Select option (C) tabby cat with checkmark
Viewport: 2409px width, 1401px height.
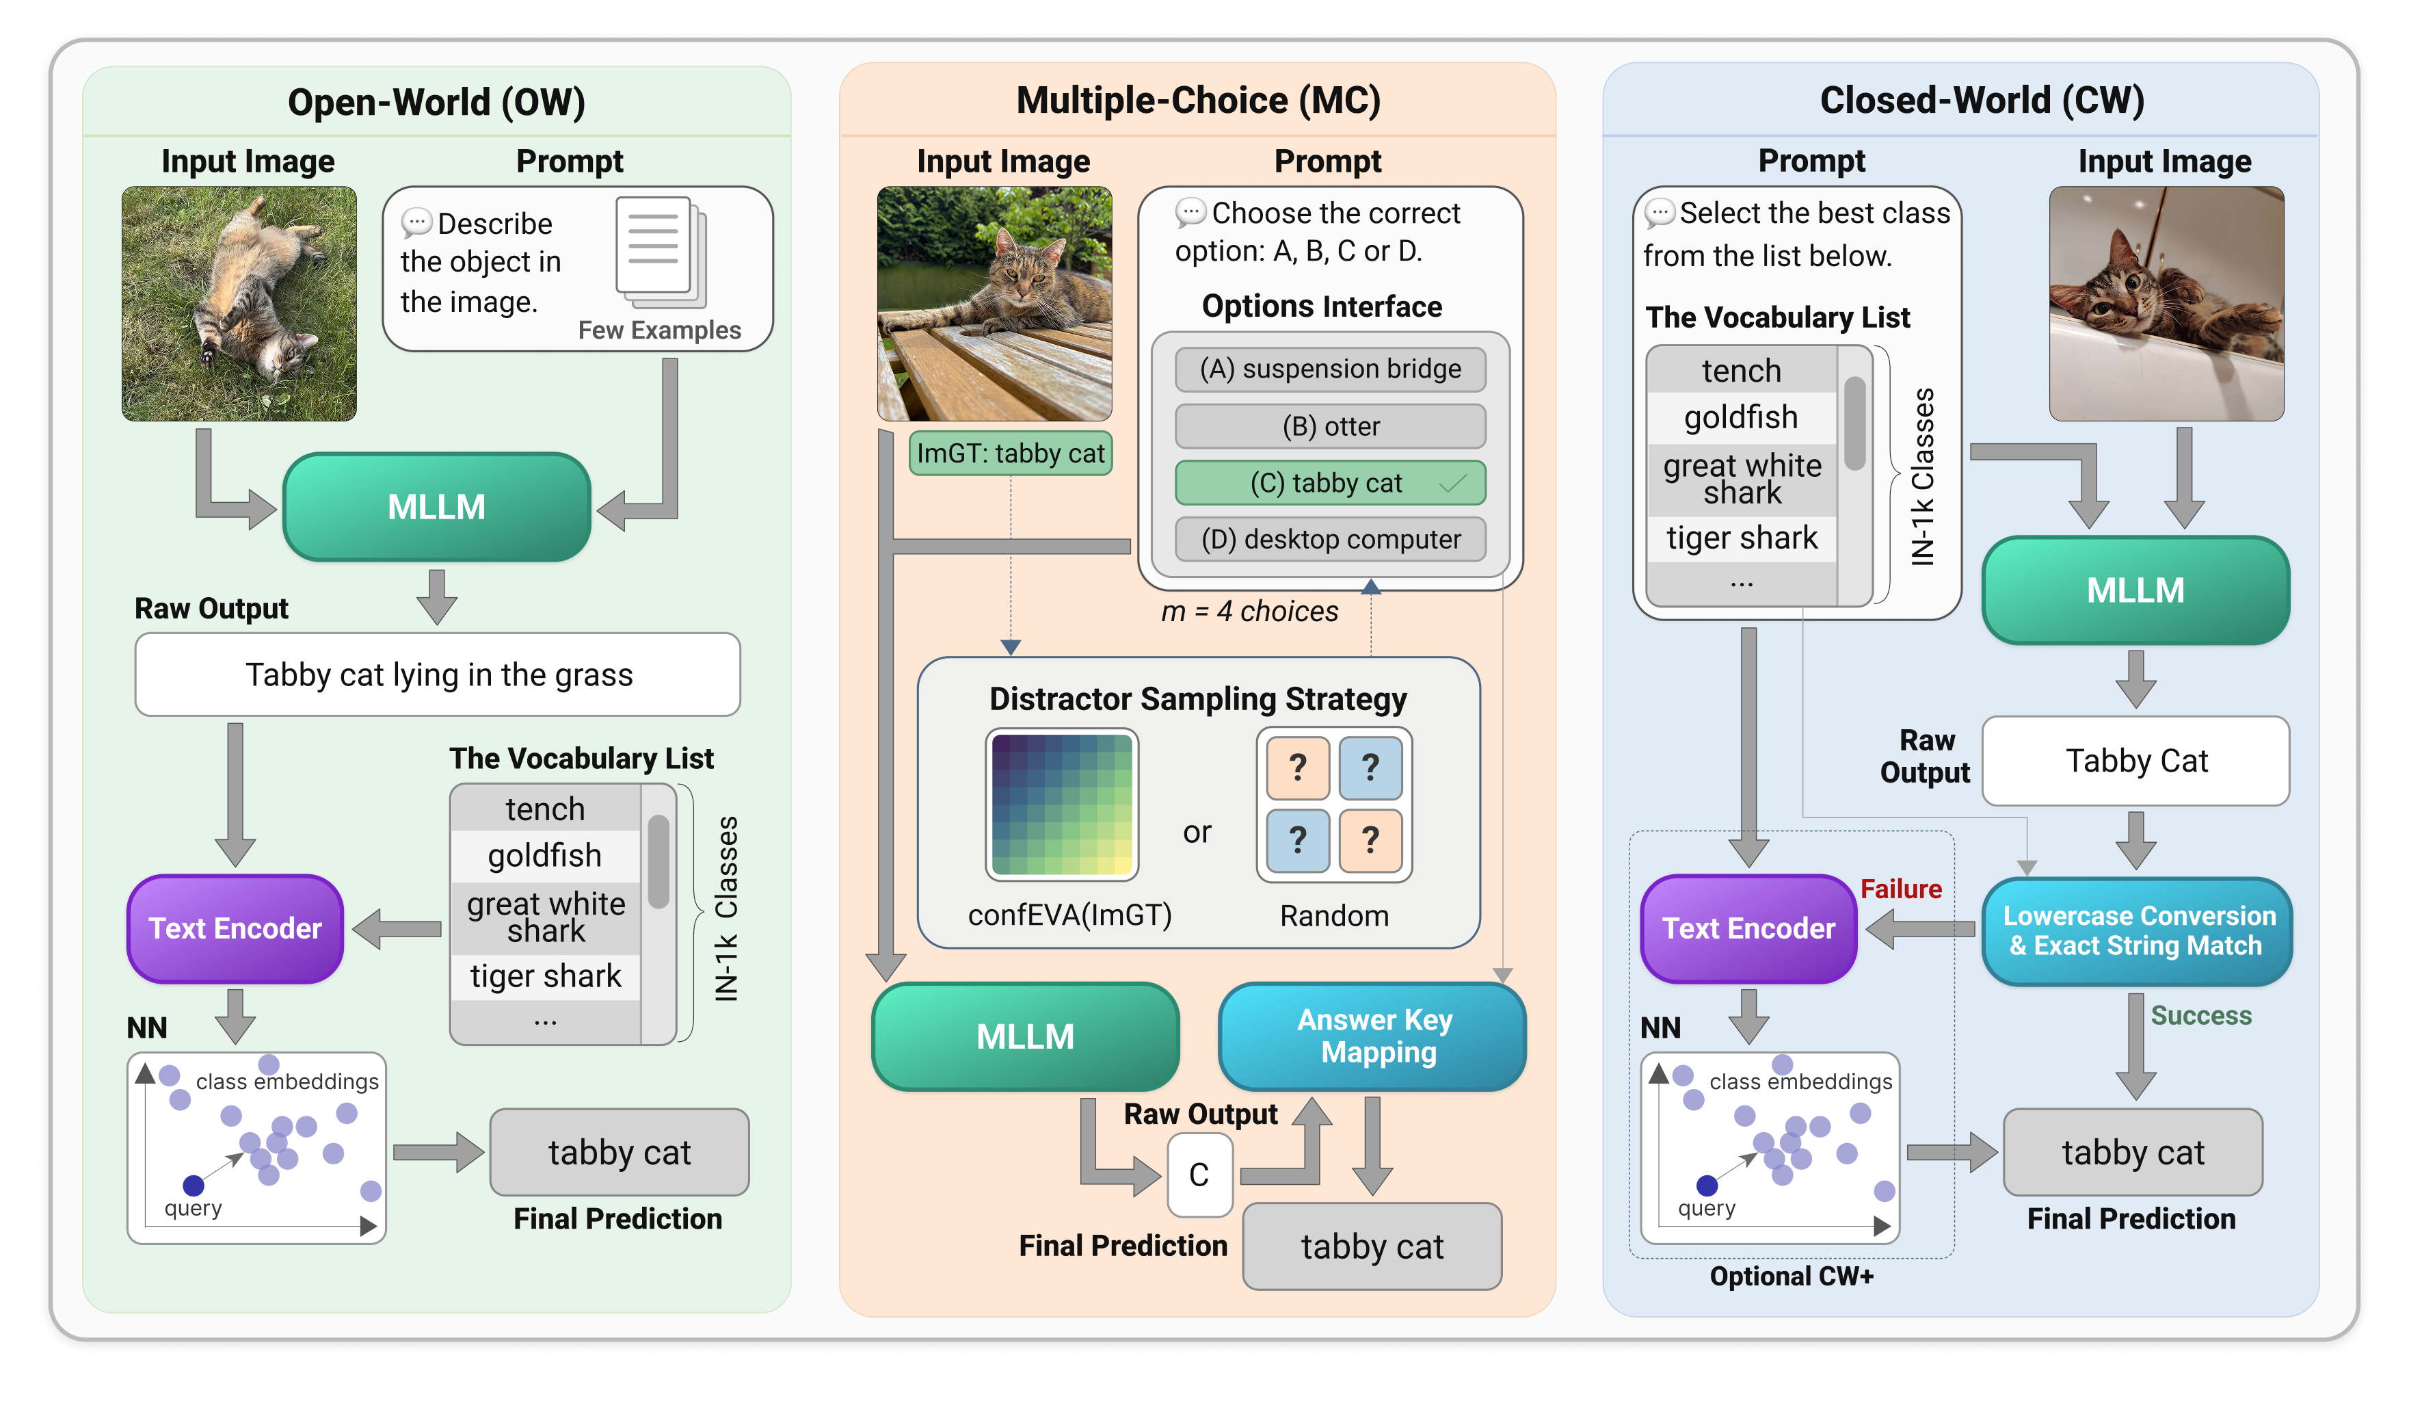pyautogui.click(x=1330, y=483)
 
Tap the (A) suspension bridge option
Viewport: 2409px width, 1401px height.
pyautogui.click(x=1330, y=369)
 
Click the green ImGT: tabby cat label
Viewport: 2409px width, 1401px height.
pyautogui.click(x=1011, y=454)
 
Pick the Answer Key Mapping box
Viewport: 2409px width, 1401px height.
pyautogui.click(x=1373, y=1036)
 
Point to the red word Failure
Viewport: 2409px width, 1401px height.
pyautogui.click(x=1900, y=889)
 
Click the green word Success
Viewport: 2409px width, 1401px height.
pyautogui.click(x=2200, y=1016)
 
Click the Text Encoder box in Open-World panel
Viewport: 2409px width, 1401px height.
pyautogui.click(x=235, y=928)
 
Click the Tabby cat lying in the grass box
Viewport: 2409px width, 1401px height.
pyautogui.click(x=438, y=675)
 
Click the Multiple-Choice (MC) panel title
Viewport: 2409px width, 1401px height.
pyautogui.click(x=1198, y=101)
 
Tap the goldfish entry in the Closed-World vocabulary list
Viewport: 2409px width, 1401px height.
pyautogui.click(x=1741, y=418)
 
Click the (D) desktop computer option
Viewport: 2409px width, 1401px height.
pyautogui.click(x=1330, y=539)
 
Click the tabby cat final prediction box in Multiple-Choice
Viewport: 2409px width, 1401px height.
pyautogui.click(x=1372, y=1247)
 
